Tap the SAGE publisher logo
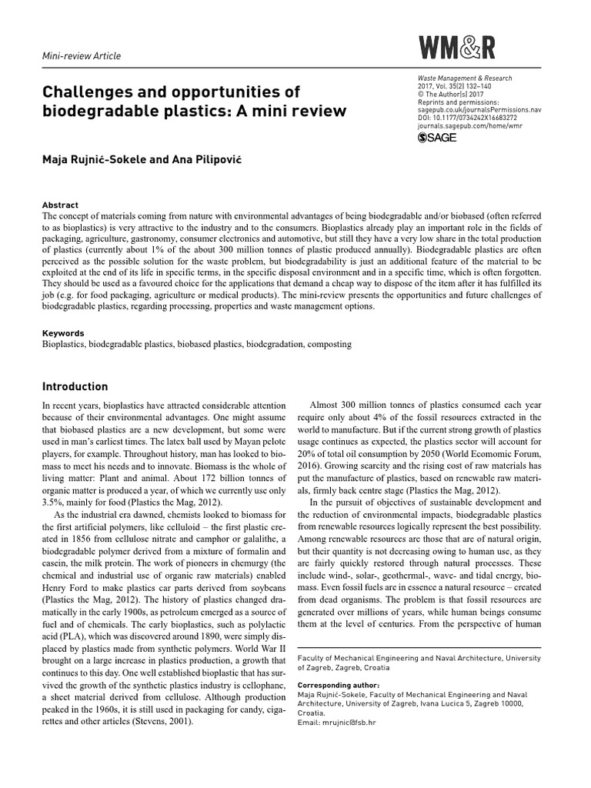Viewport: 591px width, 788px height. pyautogui.click(x=437, y=138)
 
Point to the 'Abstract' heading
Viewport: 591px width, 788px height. pyautogui.click(x=60, y=205)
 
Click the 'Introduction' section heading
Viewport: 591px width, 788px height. pyautogui.click(x=75, y=386)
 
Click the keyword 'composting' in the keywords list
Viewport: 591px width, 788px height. pyautogui.click(x=329, y=345)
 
